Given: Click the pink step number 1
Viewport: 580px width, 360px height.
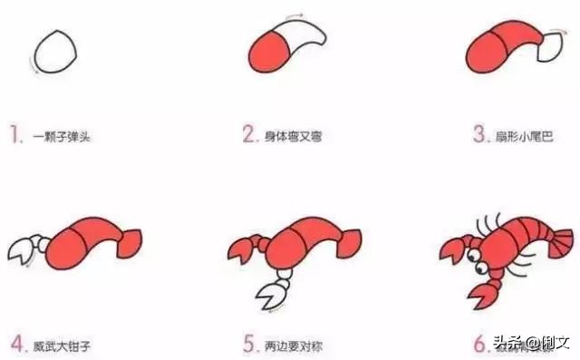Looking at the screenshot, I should (14, 136).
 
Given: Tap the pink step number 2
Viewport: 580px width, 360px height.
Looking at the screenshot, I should (250, 136).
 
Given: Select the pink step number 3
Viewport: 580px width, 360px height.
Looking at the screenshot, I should (480, 136).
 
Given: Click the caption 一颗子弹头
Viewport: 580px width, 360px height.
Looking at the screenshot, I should (63, 137).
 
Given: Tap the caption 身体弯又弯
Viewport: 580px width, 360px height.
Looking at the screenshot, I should (294, 137).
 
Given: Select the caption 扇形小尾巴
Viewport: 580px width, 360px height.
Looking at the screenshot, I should (526, 137).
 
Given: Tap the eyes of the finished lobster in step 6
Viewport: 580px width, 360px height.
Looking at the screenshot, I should (476, 258).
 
